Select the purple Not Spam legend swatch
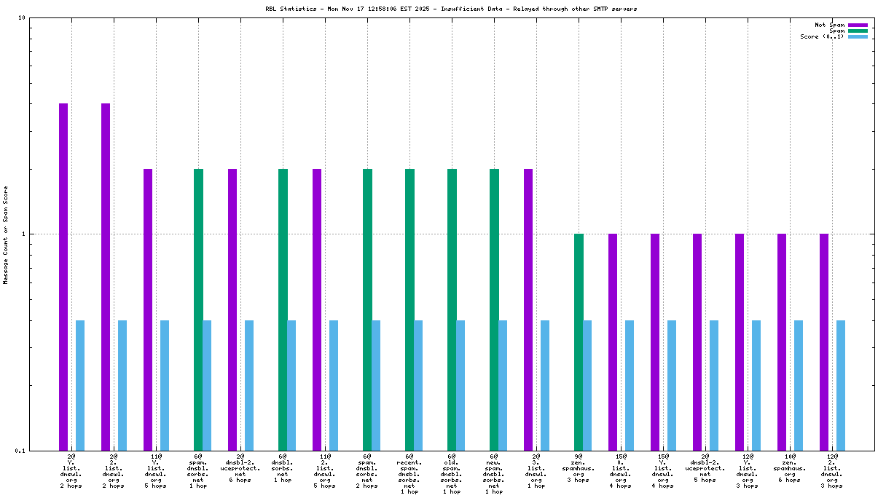coord(858,25)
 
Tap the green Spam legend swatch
coord(858,31)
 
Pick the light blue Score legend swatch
coord(858,36)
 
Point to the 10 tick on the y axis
coord(22,18)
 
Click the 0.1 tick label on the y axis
coord(20,451)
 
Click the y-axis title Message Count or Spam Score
coord(6,235)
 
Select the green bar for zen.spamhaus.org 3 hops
coord(579,342)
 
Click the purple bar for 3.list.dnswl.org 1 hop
coord(528,309)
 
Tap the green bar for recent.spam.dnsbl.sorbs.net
coord(409,309)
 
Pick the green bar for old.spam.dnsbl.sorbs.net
coord(452,309)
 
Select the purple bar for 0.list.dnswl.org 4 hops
coord(613,342)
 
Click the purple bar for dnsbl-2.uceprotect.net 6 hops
coord(232,309)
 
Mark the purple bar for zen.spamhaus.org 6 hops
coord(782,342)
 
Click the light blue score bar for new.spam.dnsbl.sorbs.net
coord(503,385)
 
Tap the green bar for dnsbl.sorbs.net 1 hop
coord(283,309)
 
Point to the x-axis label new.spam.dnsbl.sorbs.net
coord(494,474)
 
